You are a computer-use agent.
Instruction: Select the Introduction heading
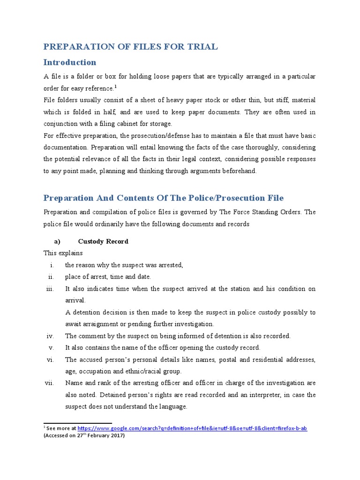pyautogui.click(x=70, y=62)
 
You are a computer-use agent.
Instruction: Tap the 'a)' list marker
pyautogui.click(x=58, y=241)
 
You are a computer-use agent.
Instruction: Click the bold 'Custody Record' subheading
pyautogui.click(x=103, y=241)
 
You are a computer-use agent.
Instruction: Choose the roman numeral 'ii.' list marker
pyautogui.click(x=52, y=277)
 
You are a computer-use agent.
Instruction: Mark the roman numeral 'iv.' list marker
pyautogui.click(x=51, y=336)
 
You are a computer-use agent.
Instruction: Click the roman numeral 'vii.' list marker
pyautogui.click(x=50, y=383)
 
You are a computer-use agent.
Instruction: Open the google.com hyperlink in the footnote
pyautogui.click(x=192, y=428)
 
